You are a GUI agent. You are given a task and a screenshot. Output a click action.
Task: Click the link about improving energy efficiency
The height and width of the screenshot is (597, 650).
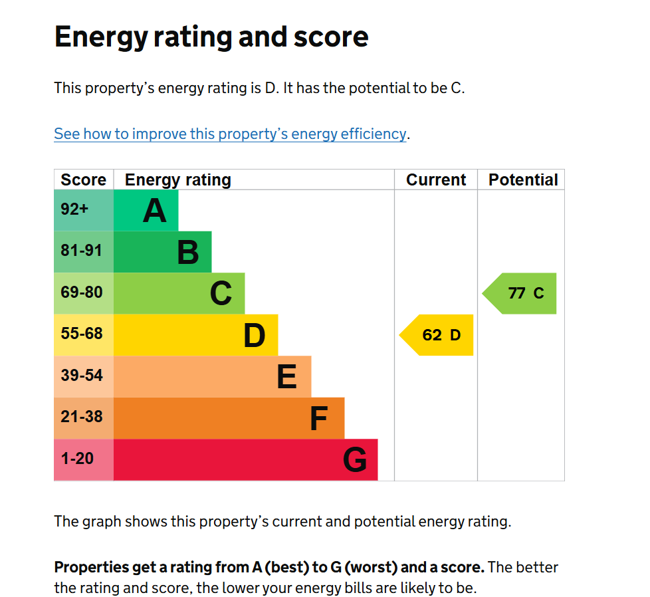[x=230, y=134]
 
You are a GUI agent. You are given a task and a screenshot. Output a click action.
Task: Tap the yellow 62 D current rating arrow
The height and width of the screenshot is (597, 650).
[x=439, y=335]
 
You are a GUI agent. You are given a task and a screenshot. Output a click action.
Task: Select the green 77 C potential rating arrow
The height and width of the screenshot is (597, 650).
[x=522, y=293]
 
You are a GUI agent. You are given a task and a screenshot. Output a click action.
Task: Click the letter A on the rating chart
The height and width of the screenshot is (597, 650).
[x=154, y=211]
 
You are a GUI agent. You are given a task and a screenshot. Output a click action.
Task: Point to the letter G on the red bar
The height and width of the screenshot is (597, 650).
[x=355, y=460]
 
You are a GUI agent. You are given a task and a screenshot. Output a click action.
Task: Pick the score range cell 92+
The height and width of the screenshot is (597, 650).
[x=74, y=210]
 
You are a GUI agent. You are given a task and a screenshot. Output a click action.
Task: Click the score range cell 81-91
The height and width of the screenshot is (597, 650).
[x=82, y=251]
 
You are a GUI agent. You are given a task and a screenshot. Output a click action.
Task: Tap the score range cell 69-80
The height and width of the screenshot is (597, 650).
[x=82, y=293]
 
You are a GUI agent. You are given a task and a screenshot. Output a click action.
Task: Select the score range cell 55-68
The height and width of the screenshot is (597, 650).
[x=82, y=334]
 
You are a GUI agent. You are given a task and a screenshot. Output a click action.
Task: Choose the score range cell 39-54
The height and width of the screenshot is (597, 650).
[x=82, y=376]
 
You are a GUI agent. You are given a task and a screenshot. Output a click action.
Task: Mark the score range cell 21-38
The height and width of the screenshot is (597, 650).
[x=82, y=417]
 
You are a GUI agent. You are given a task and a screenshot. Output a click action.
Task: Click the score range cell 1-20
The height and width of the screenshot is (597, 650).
[x=77, y=459]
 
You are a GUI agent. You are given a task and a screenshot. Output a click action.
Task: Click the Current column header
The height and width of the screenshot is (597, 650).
[x=436, y=180]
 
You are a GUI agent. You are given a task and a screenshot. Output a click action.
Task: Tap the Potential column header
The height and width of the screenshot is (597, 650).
[x=523, y=180]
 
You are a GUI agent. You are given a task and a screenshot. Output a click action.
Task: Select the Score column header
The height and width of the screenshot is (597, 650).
[x=83, y=180]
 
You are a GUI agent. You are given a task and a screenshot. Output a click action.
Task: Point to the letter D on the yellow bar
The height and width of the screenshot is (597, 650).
[x=254, y=336]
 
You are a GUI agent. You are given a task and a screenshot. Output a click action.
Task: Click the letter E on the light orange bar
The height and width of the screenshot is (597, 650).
[x=286, y=377]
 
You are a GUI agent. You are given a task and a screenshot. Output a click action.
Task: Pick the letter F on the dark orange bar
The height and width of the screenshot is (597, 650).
[x=319, y=419]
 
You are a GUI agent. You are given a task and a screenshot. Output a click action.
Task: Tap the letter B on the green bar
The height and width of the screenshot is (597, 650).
[x=188, y=253]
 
